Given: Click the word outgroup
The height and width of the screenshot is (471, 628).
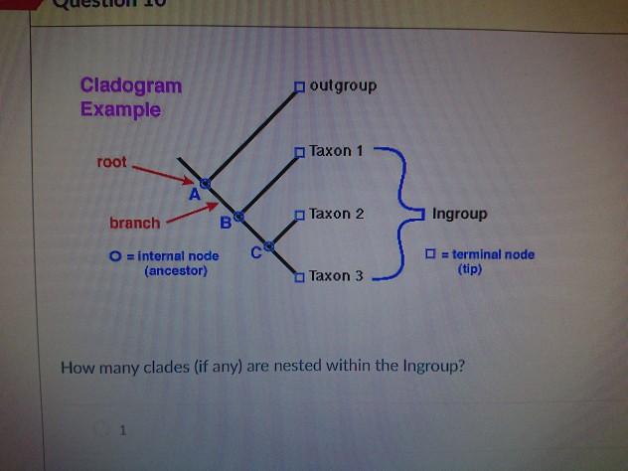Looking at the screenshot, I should tap(343, 85).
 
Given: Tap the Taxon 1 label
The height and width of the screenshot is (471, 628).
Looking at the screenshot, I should tap(337, 151).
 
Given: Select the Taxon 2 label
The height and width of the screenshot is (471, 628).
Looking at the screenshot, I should tap(337, 214).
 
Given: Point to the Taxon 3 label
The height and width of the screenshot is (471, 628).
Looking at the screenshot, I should tap(336, 275).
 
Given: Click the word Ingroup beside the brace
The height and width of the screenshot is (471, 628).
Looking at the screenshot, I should tap(460, 214).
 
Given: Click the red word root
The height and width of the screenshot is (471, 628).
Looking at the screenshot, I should tap(111, 161).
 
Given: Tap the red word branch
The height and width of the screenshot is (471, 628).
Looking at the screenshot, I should tap(134, 223).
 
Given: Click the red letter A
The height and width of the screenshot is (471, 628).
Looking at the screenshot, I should tap(194, 196).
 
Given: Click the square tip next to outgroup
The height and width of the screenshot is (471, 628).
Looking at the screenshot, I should tap(298, 87).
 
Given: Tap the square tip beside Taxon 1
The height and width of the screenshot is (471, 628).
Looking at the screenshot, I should tap(298, 152).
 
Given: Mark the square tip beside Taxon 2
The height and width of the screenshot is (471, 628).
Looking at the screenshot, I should tap(298, 215).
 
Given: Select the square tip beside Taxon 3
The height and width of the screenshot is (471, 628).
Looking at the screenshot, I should tap(298, 277).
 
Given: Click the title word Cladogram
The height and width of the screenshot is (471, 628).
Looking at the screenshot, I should tap(131, 85).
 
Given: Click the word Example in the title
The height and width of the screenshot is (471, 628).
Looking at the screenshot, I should tap(120, 109).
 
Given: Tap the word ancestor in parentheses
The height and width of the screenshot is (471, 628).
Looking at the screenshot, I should tap(176, 270).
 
